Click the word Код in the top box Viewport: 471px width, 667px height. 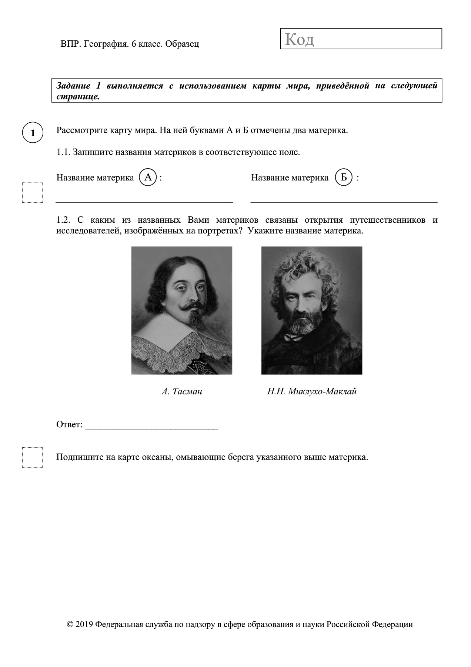(300, 39)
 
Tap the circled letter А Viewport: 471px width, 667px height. (148, 177)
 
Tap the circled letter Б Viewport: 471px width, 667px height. (343, 177)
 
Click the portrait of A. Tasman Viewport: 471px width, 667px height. (181, 310)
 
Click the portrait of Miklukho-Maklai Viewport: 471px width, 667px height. (311, 310)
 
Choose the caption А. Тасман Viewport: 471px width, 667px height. (182, 391)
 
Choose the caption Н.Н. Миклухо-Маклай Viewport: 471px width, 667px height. (312, 391)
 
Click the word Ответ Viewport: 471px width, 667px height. (69, 424)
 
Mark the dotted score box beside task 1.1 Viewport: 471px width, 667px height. (33, 192)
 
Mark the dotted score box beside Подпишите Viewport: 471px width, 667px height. (33, 457)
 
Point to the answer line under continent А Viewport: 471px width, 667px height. (144, 202)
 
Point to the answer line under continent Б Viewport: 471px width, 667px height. (344, 202)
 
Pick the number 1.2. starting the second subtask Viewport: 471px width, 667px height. (63, 220)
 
